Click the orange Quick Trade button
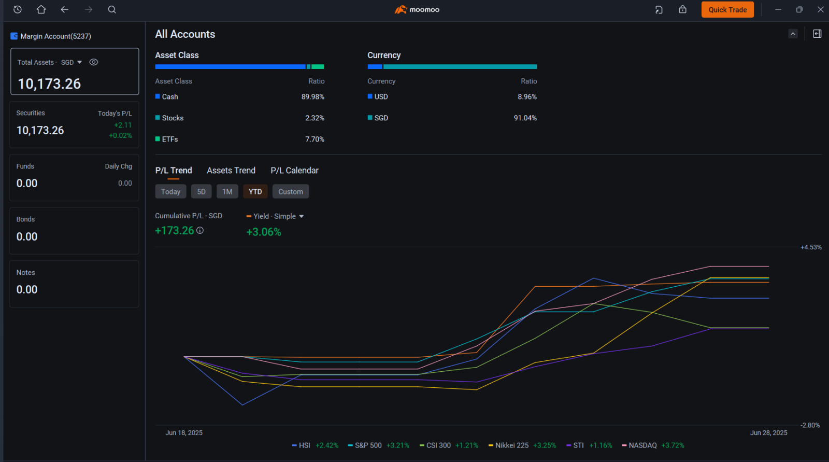tap(727, 10)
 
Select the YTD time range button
tap(255, 191)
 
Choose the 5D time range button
tap(201, 191)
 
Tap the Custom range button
tap(291, 191)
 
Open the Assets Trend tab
tap(231, 171)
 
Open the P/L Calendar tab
tap(294, 171)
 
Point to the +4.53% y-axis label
tap(811, 247)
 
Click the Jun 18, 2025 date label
tap(184, 433)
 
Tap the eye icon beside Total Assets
tap(94, 62)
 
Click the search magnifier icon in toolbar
tap(112, 10)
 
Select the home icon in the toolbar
tap(41, 9)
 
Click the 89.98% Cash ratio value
tap(313, 96)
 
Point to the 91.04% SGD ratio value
tap(525, 118)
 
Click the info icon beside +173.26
tap(200, 230)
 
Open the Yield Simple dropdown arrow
tap(301, 216)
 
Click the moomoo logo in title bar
tap(417, 10)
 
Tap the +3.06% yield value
tap(264, 232)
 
